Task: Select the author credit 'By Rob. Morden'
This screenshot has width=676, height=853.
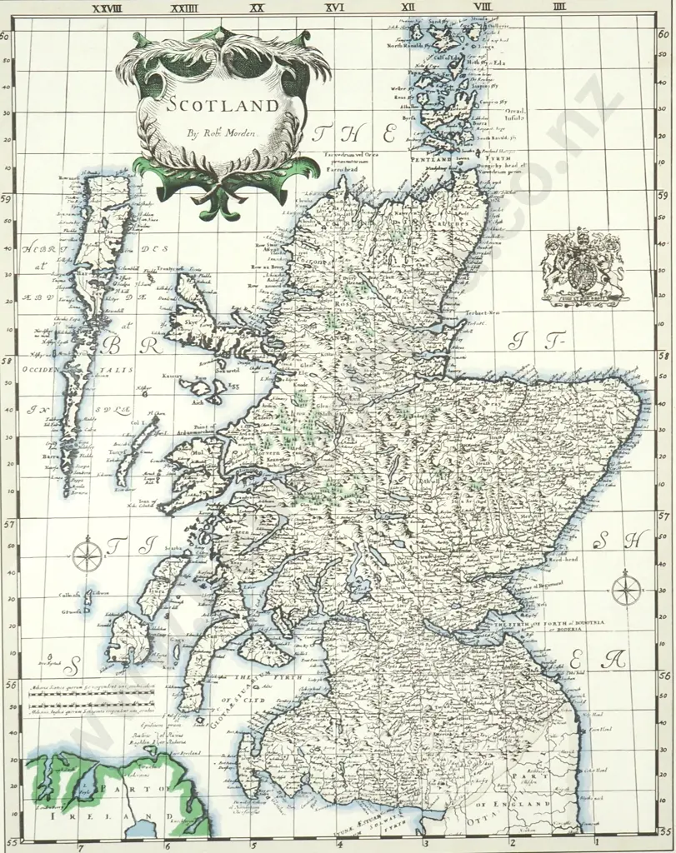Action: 219,132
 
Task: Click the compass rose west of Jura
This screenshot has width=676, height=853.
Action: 87,555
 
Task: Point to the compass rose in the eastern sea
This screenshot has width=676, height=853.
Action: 625,590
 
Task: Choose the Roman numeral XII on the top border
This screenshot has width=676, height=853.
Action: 408,7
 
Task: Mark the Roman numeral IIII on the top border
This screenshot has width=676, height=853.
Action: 558,7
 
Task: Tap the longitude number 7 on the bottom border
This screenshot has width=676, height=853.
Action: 80,847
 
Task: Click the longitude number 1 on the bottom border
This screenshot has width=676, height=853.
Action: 595,847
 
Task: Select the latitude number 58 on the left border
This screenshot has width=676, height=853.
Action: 6,361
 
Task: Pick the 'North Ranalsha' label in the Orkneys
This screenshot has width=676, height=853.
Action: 405,46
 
